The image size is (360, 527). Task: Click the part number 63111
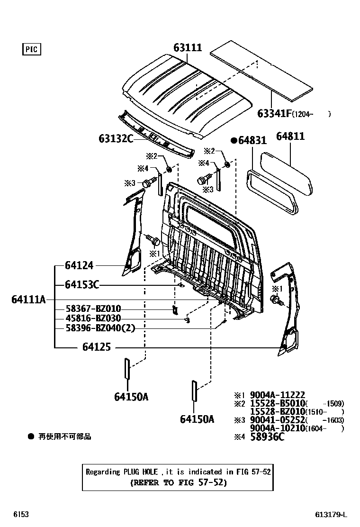pyautogui.click(x=188, y=48)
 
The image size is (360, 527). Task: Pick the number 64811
pyautogui.click(x=290, y=136)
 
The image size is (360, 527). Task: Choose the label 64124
pyautogui.click(x=79, y=266)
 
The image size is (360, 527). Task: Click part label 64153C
pyautogui.click(x=82, y=285)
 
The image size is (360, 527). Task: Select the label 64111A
pyautogui.click(x=28, y=300)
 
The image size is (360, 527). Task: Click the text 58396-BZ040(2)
pyautogui.click(x=99, y=328)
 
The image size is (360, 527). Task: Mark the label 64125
pyautogui.click(x=97, y=347)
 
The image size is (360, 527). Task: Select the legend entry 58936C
pyautogui.click(x=267, y=437)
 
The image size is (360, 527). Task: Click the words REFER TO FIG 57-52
pyautogui.click(x=178, y=483)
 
